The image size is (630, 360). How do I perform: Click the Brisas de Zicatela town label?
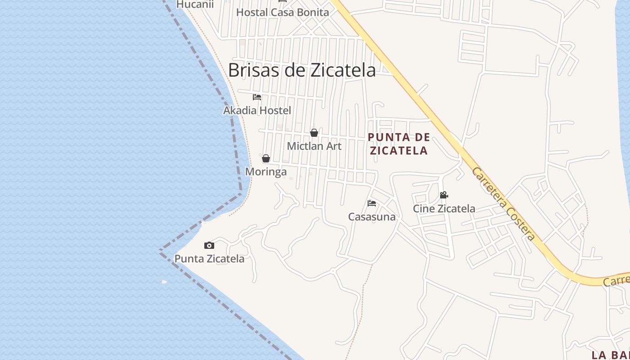pos(301,70)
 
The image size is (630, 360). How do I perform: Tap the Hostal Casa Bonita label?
pos(283,12)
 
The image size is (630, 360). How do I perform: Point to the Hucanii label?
pos(195,4)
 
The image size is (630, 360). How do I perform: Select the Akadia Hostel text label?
pos(257,110)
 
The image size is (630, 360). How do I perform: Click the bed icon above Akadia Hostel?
pos(257,97)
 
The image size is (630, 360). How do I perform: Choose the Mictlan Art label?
pos(314,146)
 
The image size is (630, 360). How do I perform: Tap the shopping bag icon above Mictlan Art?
pos(314,133)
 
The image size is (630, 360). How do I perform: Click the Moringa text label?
pos(265,172)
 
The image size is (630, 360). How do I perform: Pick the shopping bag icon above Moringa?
pos(266,158)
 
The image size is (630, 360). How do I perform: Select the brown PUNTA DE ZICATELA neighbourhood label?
pos(399,144)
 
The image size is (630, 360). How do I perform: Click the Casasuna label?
pos(372,217)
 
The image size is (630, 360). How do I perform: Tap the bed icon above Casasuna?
pos(372,203)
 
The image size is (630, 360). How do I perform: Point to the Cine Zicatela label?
pos(444,209)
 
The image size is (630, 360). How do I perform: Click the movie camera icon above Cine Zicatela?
pos(444,195)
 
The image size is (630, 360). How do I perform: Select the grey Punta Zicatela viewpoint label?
pos(209,259)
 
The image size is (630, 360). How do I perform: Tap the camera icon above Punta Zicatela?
pos(209,245)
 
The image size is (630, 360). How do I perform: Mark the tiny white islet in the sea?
pos(164,282)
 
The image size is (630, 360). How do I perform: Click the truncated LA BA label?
pos(610,355)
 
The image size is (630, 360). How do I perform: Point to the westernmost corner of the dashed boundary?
pos(160,250)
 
